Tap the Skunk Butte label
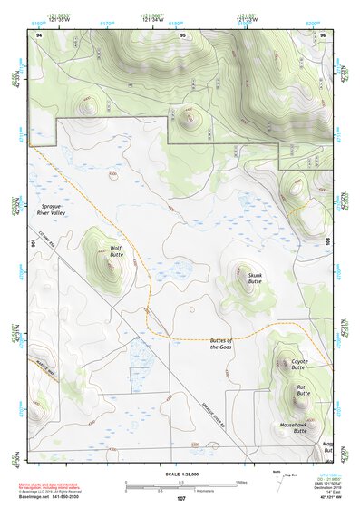(x=255, y=279)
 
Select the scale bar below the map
(x=180, y=485)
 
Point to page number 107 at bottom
(x=180, y=498)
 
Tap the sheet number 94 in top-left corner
(x=39, y=33)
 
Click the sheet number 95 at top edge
(x=182, y=33)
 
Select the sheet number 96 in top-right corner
(x=322, y=33)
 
